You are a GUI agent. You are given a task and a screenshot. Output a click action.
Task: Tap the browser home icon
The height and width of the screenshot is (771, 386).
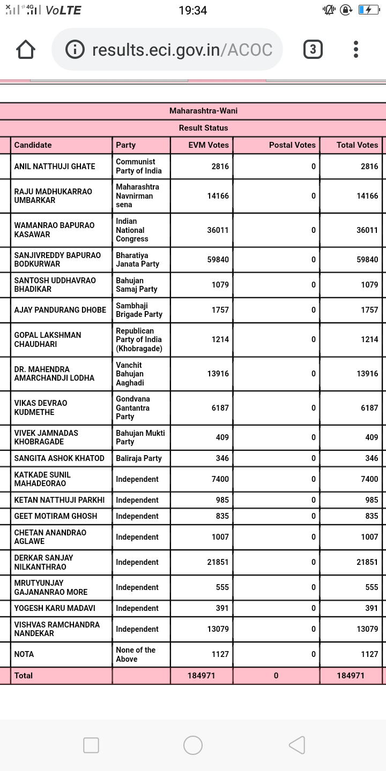pyautogui.click(x=26, y=50)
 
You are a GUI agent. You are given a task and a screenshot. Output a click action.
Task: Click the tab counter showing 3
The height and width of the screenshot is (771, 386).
pyautogui.click(x=313, y=50)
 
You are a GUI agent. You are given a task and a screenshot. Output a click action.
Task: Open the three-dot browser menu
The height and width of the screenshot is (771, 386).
pyautogui.click(x=356, y=50)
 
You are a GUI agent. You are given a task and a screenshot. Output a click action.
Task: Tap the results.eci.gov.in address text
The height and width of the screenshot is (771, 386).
pyautogui.click(x=182, y=50)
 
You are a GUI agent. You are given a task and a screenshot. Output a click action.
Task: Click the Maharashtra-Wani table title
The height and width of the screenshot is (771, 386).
pyautogui.click(x=203, y=111)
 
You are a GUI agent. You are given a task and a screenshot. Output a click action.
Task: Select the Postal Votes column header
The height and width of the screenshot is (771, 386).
pyautogui.click(x=292, y=145)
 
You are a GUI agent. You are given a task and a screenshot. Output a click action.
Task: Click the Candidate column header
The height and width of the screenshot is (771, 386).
pyautogui.click(x=33, y=145)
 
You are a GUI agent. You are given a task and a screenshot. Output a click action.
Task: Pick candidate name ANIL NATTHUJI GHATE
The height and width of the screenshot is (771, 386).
pyautogui.click(x=55, y=167)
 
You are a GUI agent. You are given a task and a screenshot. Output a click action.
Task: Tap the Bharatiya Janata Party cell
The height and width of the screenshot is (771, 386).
pyautogui.click(x=138, y=260)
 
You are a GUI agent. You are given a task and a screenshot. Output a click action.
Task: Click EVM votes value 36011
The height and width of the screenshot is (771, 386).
pyautogui.click(x=218, y=230)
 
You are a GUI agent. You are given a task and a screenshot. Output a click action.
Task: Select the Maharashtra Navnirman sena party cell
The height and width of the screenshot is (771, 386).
pyautogui.click(x=138, y=196)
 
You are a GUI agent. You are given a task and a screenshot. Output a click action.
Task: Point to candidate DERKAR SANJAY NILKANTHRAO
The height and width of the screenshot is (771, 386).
pyautogui.click(x=44, y=562)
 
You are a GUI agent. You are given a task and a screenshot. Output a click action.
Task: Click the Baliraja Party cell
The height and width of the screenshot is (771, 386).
pyautogui.click(x=139, y=458)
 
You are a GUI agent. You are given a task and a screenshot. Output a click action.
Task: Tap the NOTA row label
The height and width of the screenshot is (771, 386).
pyautogui.click(x=24, y=654)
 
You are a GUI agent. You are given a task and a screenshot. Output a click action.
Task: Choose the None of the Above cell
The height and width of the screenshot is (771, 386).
pyautogui.click(x=136, y=654)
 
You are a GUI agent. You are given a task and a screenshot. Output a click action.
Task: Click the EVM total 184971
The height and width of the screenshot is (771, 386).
pyautogui.click(x=201, y=676)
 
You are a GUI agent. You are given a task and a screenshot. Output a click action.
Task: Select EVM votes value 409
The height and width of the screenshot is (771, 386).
pyautogui.click(x=222, y=437)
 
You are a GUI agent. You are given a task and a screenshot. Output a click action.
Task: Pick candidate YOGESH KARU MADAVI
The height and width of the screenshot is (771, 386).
pyautogui.click(x=55, y=608)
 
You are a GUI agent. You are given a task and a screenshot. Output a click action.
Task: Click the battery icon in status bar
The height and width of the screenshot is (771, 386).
pyautogui.click(x=368, y=10)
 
